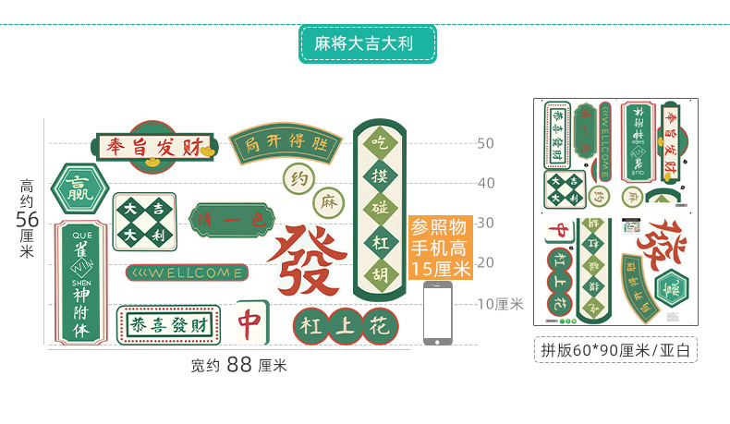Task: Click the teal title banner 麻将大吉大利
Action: pos(367,43)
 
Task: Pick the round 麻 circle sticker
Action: pos(327,200)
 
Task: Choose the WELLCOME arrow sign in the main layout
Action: pos(188,273)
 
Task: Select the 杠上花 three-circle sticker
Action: pos(345,325)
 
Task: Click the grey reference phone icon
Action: pos(438,313)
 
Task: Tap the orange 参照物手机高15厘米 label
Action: pos(440,248)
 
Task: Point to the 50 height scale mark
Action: pos(485,143)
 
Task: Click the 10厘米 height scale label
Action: pos(500,303)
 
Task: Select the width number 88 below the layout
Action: pos(239,364)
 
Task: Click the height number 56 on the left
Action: pos(27,219)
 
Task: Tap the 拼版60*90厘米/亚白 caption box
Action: pos(615,351)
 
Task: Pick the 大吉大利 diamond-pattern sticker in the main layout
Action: pos(144,222)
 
